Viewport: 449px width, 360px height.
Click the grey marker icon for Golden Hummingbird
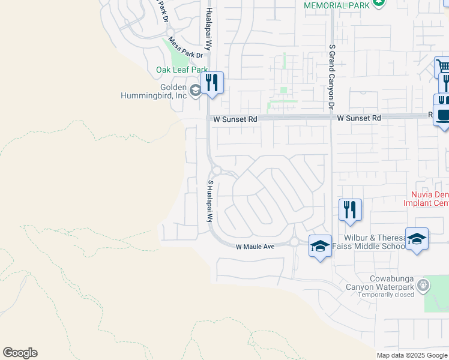coord(195,91)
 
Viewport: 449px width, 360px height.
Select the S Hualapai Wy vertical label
coord(210,201)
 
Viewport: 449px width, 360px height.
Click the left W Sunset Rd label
coord(232,119)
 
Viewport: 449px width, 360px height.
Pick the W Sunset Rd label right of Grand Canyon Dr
coord(358,119)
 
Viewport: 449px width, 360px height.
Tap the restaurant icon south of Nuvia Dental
coord(350,210)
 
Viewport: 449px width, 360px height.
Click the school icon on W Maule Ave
coord(320,245)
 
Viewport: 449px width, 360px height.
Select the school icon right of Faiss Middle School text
coord(417,239)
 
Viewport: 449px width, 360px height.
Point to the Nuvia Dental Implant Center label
coord(429,199)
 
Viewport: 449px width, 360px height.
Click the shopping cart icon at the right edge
coord(442,66)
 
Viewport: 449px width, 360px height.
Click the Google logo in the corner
coord(20,353)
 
